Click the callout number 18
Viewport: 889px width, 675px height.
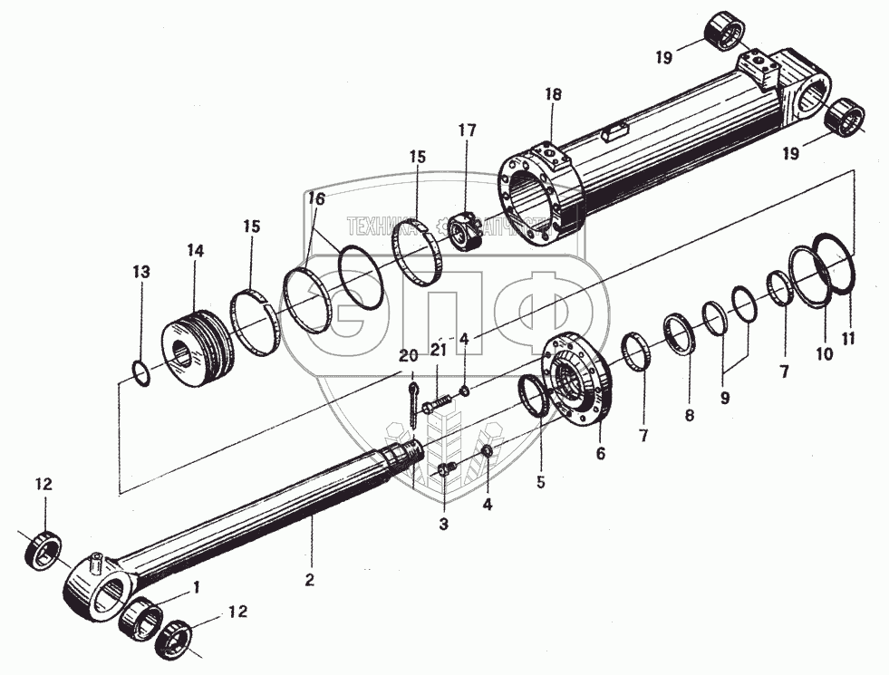click(554, 95)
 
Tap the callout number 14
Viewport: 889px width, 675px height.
click(196, 250)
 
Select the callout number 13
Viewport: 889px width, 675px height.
click(140, 272)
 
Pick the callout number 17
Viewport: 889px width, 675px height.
click(467, 130)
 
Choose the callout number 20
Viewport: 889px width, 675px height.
click(408, 354)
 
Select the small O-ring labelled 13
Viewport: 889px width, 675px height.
click(141, 372)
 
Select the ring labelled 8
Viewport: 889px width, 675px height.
click(680, 334)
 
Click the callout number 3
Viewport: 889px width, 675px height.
click(444, 524)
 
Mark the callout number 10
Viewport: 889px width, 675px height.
click(824, 355)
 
